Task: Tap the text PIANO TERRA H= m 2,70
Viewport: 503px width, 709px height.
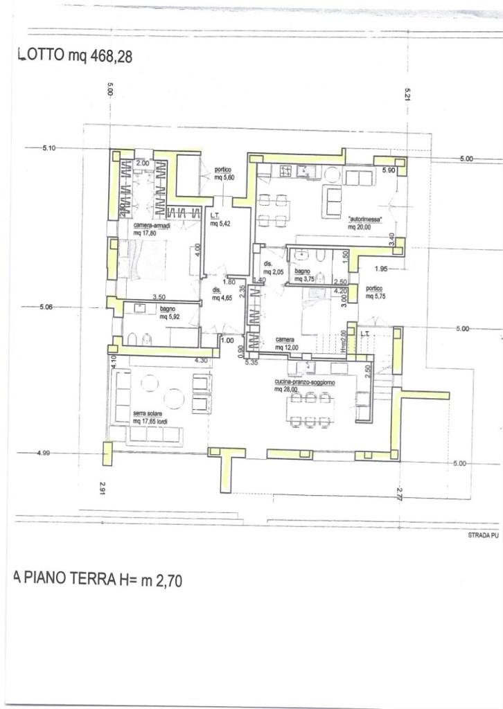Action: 98,580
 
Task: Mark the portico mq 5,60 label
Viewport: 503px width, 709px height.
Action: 222,174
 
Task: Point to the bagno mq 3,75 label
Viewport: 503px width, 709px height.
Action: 306,276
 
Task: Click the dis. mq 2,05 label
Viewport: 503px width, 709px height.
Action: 272,268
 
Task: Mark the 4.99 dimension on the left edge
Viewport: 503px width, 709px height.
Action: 44,453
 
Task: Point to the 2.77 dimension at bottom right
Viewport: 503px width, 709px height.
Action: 400,494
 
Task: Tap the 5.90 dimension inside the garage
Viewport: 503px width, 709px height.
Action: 389,170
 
